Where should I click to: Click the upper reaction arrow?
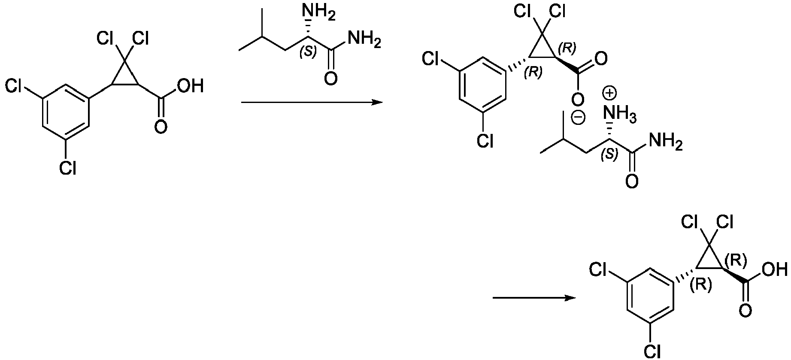click(312, 103)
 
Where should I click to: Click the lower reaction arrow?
click(534, 298)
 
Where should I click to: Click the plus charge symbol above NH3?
click(609, 92)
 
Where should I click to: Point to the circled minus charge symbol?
click(578, 117)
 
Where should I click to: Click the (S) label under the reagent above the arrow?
click(307, 51)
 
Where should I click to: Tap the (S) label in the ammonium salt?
click(609, 154)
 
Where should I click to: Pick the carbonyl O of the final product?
click(746, 311)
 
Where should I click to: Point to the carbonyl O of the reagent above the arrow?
click(331, 79)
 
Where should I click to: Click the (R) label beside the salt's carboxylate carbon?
click(567, 48)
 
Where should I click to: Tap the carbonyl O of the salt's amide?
click(632, 181)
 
